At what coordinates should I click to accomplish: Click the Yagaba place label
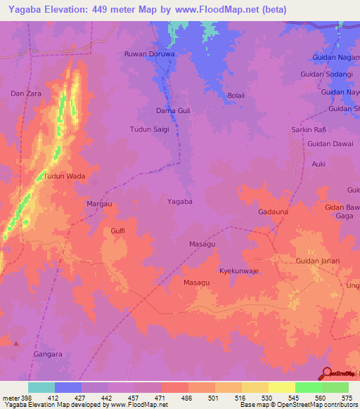click(179, 201)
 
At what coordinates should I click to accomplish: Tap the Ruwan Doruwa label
click(148, 53)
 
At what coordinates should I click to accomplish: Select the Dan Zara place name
click(23, 93)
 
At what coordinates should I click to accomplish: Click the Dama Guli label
click(173, 111)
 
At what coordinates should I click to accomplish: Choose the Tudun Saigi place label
click(150, 129)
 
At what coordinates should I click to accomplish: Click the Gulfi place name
click(117, 230)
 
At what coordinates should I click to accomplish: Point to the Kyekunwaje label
click(240, 270)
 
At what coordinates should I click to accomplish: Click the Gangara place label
click(48, 355)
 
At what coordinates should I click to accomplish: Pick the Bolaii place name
click(236, 96)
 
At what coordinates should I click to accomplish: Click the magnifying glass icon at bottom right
click(327, 373)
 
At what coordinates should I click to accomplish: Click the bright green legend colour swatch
click(308, 387)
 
